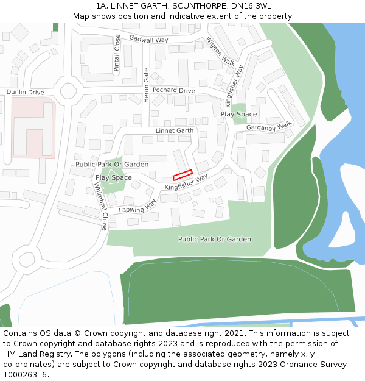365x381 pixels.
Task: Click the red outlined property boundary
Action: click(x=182, y=175)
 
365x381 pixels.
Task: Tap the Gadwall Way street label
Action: click(x=148, y=40)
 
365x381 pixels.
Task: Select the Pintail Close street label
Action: click(x=117, y=53)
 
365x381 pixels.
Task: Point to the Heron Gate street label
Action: click(x=146, y=85)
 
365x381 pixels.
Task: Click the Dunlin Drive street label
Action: click(x=26, y=92)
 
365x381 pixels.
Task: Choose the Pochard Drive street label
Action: click(x=173, y=90)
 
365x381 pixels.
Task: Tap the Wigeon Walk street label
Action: click(x=220, y=51)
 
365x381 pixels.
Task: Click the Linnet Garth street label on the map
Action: click(x=174, y=130)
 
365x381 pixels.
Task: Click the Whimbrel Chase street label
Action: click(x=103, y=205)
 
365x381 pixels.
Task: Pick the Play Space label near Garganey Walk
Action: click(x=238, y=114)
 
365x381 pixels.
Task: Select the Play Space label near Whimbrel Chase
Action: click(x=113, y=177)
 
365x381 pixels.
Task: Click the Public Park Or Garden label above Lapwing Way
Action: click(x=112, y=165)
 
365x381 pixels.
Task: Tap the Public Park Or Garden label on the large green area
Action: click(x=214, y=239)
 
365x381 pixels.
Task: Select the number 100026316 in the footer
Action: click(x=24, y=375)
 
